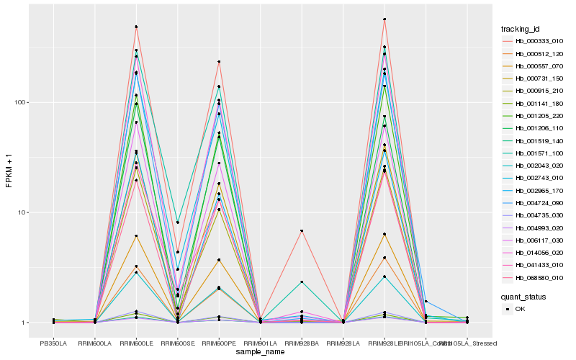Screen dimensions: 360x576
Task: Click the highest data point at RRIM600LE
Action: [x=136, y=27]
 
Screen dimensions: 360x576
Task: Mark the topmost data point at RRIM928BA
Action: [x=302, y=230]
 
